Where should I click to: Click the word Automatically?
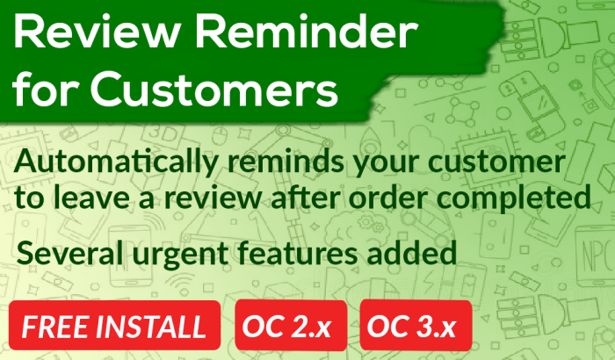(x=115, y=162)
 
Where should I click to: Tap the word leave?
(x=91, y=196)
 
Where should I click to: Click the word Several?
(x=69, y=253)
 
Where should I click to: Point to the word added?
(x=411, y=252)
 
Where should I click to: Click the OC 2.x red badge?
(x=291, y=325)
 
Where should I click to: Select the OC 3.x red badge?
(x=416, y=325)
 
